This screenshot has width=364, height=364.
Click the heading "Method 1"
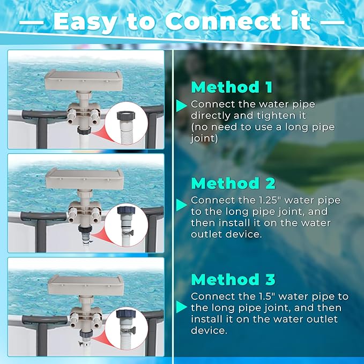coord(232,87)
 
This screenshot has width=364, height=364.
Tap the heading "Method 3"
coord(233,279)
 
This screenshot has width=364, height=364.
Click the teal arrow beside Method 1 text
coord(182,104)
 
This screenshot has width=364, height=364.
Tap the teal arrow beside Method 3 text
coord(182,307)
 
